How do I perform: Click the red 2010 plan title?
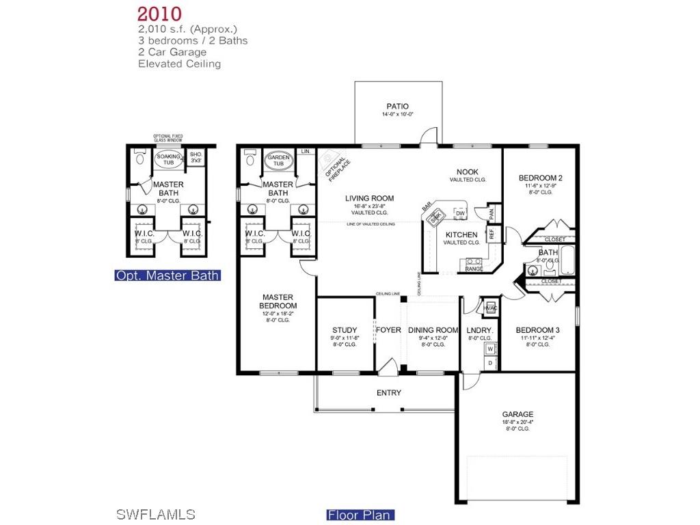pyautogui.click(x=159, y=14)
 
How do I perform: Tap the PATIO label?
pyautogui.click(x=397, y=106)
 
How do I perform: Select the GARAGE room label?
pyautogui.click(x=517, y=414)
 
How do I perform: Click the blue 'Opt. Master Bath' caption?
pyautogui.click(x=167, y=275)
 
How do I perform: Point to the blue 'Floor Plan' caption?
pyautogui.click(x=360, y=515)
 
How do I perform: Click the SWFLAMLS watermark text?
pyautogui.click(x=156, y=514)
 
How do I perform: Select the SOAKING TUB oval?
pyautogui.click(x=168, y=159)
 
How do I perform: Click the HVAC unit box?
pyautogui.click(x=489, y=308)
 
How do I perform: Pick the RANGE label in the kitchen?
pyautogui.click(x=474, y=269)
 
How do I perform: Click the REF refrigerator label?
pyautogui.click(x=491, y=234)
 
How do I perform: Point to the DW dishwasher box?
pyautogui.click(x=460, y=213)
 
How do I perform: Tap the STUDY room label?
pyautogui.click(x=345, y=330)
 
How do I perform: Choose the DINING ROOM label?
pyautogui.click(x=433, y=330)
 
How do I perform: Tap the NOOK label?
pyautogui.click(x=468, y=172)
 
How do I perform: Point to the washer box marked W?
pyautogui.click(x=489, y=349)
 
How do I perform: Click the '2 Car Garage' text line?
pyautogui.click(x=172, y=52)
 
